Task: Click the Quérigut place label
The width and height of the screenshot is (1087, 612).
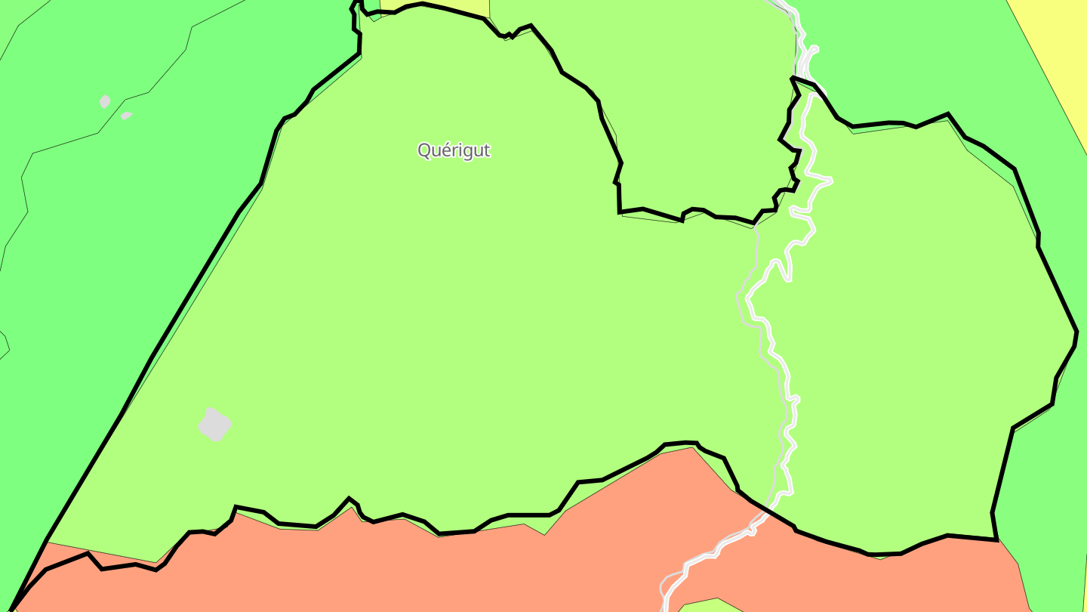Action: (454, 150)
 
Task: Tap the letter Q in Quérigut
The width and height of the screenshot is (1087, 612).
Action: (424, 150)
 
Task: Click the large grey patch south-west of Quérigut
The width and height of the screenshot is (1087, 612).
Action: (214, 424)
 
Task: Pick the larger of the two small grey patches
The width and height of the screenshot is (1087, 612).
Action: (105, 101)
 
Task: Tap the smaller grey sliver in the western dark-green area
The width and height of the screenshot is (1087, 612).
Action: (126, 116)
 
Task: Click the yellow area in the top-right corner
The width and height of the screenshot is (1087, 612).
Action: (1057, 45)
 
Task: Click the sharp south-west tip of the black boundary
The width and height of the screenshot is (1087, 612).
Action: (12, 608)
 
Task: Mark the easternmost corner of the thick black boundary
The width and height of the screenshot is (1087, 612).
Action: (1076, 332)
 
